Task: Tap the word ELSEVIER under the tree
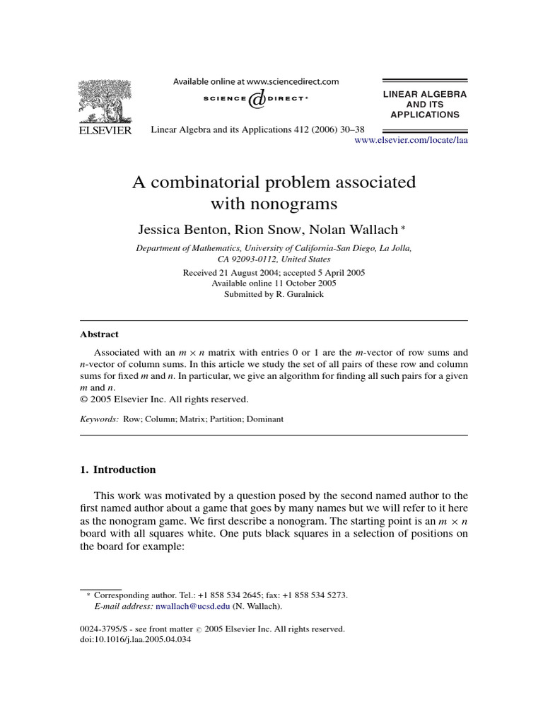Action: tap(103, 131)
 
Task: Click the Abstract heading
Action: tap(99, 334)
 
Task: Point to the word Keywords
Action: tap(99, 419)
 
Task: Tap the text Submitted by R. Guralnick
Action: tap(274, 294)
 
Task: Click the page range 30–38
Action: tap(350, 130)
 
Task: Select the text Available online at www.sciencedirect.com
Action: tap(256, 82)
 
